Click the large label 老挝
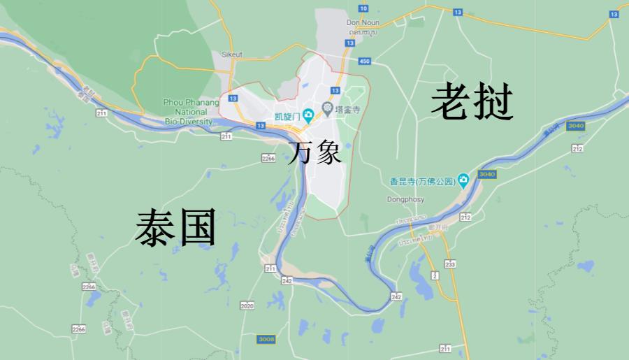pos(473,102)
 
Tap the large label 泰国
pos(175,228)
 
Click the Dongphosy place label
pos(405,199)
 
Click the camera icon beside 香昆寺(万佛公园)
pos(463,182)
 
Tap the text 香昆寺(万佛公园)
pos(422,182)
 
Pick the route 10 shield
pos(362,8)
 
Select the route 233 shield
pos(450,264)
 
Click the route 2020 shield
pos(247,305)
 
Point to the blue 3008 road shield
pos(266,339)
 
